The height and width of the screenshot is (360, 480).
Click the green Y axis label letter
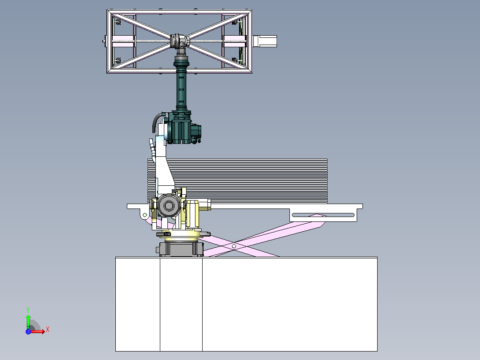[x=28, y=310]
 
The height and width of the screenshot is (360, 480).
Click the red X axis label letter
[x=48, y=330]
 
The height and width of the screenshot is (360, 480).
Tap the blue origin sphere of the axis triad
[x=28, y=331]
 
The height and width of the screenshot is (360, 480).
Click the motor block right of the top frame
[x=265, y=41]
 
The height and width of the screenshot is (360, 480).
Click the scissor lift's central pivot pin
[x=234, y=246]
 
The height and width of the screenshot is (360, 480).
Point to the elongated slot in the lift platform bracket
[x=323, y=215]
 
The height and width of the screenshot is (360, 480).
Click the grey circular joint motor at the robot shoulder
[x=169, y=205]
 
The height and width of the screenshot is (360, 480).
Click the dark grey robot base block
[x=181, y=249]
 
